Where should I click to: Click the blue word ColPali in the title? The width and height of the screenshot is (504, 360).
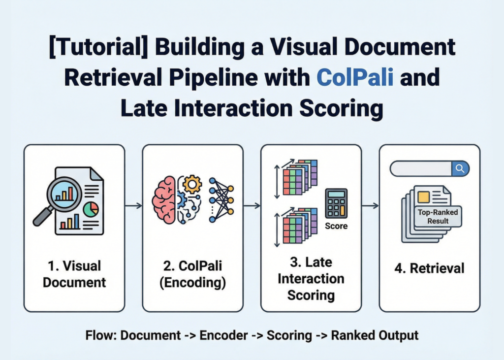pyautogui.click(x=355, y=79)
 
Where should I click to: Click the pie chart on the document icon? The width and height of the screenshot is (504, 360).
pyautogui.click(x=91, y=209)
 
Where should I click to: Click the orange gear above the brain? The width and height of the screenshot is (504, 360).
pyautogui.click(x=192, y=184)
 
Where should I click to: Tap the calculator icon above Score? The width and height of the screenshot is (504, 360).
pyautogui.click(x=336, y=203)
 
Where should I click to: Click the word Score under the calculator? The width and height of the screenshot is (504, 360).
pyautogui.click(x=336, y=226)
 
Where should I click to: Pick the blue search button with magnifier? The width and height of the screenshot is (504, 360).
pyautogui.click(x=460, y=168)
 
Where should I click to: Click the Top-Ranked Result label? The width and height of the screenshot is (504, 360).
pyautogui.click(x=438, y=217)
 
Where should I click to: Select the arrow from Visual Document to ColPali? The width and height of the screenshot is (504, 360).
pyautogui.click(x=133, y=205)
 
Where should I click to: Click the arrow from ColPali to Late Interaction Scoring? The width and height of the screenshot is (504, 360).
pyautogui.click(x=252, y=205)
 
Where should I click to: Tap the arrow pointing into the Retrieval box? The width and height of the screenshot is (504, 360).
pyautogui.click(x=370, y=205)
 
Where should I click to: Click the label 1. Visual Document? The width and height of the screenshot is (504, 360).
pyautogui.click(x=74, y=274)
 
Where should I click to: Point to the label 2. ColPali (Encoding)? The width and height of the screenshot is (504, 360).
pyautogui.click(x=192, y=274)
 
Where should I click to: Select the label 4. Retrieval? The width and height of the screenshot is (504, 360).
pyautogui.click(x=430, y=268)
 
